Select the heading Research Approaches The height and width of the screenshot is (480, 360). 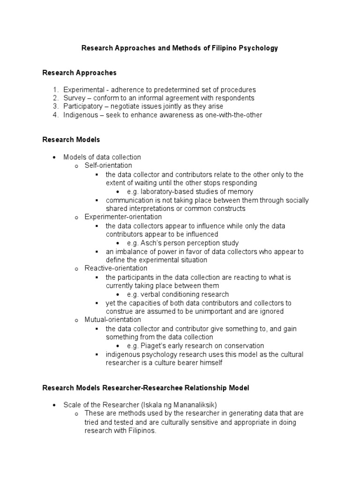coord(79,73)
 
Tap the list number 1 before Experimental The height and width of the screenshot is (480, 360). coord(55,90)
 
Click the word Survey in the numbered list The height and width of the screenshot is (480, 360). coord(74,98)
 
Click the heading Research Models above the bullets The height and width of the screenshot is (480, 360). coord(71,140)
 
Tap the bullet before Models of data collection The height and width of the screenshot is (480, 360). coord(55,157)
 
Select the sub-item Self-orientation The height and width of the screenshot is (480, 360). coord(108,165)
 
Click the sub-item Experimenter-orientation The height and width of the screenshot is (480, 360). coord(123,217)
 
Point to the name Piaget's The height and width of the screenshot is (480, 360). coord(153,346)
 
